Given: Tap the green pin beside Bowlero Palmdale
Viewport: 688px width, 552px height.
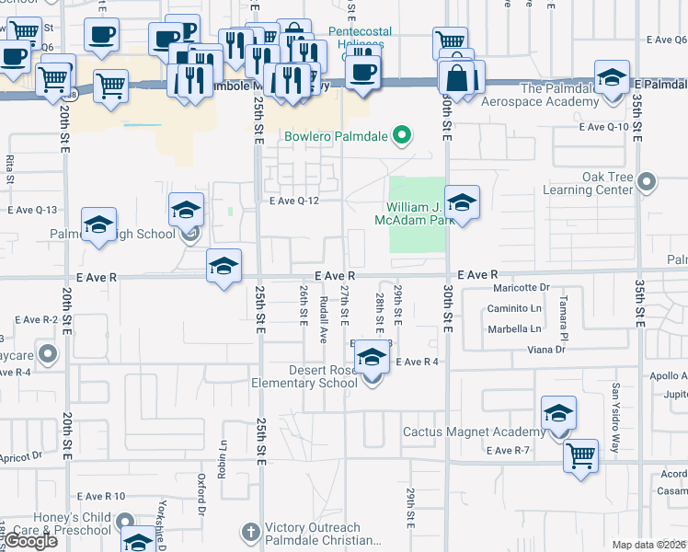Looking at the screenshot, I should [401, 137].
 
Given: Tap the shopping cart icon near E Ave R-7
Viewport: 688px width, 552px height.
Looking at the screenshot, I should [580, 454].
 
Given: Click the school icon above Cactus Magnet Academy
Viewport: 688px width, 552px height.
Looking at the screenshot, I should [558, 412].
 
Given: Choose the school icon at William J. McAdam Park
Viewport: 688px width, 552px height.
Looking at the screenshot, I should [462, 201].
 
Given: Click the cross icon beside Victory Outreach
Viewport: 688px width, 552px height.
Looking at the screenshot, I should [251, 532].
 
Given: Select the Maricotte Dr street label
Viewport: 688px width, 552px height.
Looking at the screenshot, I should [518, 287].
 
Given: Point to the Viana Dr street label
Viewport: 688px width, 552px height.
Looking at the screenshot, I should [546, 350].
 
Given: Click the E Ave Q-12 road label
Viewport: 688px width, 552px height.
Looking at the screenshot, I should [292, 201].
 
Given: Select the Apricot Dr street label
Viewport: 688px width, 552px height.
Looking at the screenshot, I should [22, 455].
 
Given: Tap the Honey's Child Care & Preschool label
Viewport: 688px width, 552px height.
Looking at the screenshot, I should [60, 523].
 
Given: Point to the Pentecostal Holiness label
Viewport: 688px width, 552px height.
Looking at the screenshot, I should [360, 37].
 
